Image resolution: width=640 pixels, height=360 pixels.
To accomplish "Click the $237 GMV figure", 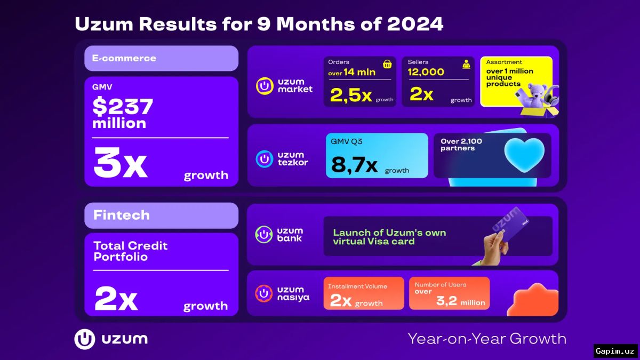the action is point(123,107).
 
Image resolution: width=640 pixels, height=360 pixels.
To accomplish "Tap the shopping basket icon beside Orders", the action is point(387,65).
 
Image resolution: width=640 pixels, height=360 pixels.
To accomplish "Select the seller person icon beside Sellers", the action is point(466,65).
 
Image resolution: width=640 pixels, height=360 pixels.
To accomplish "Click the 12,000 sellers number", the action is point(426,72).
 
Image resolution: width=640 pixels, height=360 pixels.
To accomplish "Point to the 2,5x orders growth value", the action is point(351,95).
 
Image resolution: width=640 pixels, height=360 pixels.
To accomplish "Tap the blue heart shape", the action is point(524,155).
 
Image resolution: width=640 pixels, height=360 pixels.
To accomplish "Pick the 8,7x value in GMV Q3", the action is point(354,165).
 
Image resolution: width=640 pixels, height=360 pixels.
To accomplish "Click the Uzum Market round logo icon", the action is point(265,86).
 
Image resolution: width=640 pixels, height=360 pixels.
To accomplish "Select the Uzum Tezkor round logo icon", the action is point(265,159).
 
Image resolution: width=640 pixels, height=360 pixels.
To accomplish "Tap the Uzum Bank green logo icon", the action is point(263,235).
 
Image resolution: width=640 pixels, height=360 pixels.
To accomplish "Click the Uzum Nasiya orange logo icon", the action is point(263,293).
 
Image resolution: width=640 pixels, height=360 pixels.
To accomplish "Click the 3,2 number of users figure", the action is point(446,301).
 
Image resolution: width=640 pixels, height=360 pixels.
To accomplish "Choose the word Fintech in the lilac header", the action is point(122,215).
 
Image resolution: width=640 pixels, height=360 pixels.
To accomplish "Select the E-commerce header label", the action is point(124,58).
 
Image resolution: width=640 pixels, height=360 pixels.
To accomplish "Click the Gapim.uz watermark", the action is point(615,351).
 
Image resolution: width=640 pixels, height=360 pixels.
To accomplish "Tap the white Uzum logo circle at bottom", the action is point(85,339).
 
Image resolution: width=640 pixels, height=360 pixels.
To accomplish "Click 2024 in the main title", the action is point(415,23).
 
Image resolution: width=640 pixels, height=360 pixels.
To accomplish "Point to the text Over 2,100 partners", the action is point(461,145).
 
